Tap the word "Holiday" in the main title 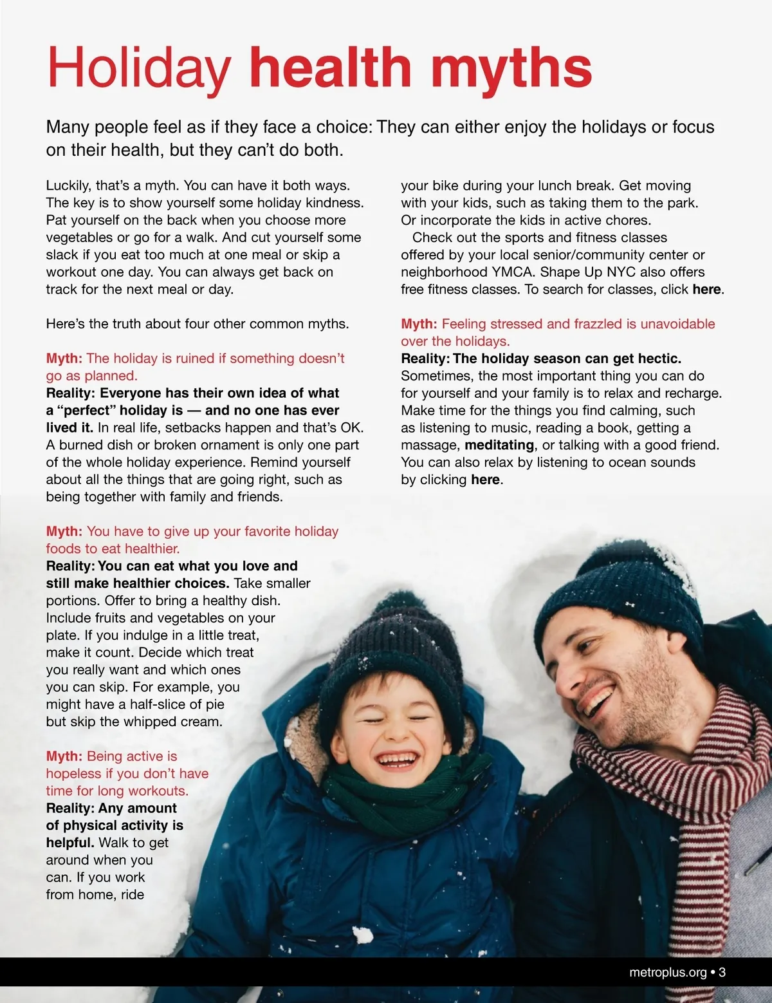[x=139, y=68]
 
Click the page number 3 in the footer [x=722, y=972]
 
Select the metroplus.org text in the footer [x=668, y=972]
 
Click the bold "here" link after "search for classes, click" [x=706, y=290]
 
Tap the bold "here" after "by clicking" [x=485, y=480]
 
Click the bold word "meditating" [x=499, y=445]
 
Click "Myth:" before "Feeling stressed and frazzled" [x=419, y=324]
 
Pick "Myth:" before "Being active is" [x=64, y=756]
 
